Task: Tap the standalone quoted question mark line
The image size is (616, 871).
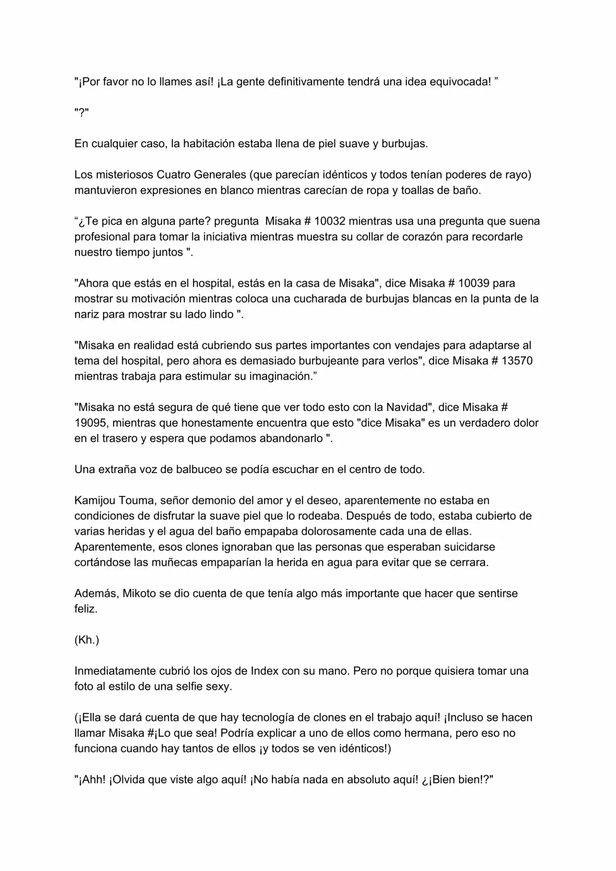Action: [x=81, y=113]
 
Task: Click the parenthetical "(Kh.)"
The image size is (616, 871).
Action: [x=87, y=640]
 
